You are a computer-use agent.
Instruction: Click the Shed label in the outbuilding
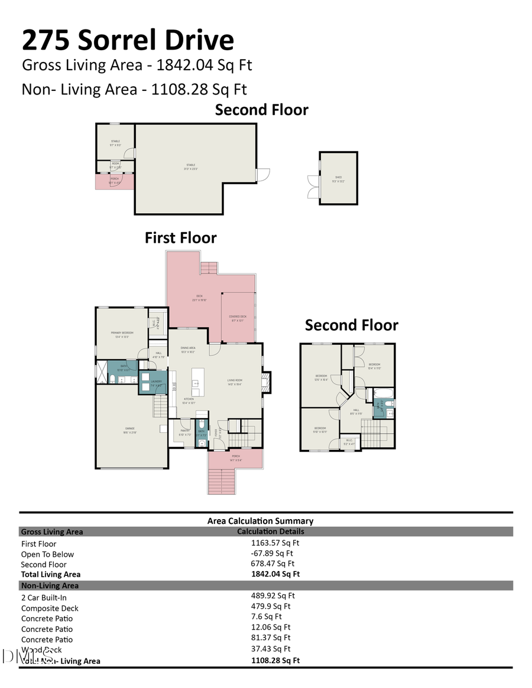click(x=339, y=177)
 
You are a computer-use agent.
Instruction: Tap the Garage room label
click(x=129, y=428)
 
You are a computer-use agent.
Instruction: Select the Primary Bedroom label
click(x=122, y=333)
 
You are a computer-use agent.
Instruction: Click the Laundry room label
click(x=156, y=382)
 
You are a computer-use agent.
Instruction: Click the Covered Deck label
click(x=238, y=317)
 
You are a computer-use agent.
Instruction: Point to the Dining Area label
click(x=188, y=348)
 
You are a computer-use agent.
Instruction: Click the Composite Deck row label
click(x=50, y=608)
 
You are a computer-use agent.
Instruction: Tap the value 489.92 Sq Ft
click(x=273, y=596)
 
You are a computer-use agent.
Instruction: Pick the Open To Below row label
click(x=47, y=554)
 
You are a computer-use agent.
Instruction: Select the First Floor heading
click(x=180, y=237)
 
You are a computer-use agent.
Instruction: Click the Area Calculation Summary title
click(x=260, y=521)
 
